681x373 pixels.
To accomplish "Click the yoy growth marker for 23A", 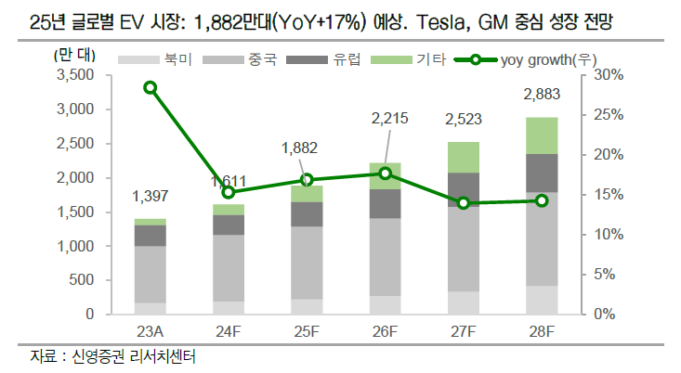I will click(x=151, y=87).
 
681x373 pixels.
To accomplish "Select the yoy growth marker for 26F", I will click(x=386, y=174).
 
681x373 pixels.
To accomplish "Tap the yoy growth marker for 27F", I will click(x=464, y=203).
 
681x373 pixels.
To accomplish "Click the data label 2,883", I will click(x=542, y=96).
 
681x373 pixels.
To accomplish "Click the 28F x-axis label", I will click(x=542, y=331).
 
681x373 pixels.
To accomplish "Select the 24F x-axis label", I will click(x=229, y=331).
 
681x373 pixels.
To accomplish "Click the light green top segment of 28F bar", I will click(x=542, y=135).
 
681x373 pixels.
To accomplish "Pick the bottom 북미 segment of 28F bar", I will click(x=542, y=300).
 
